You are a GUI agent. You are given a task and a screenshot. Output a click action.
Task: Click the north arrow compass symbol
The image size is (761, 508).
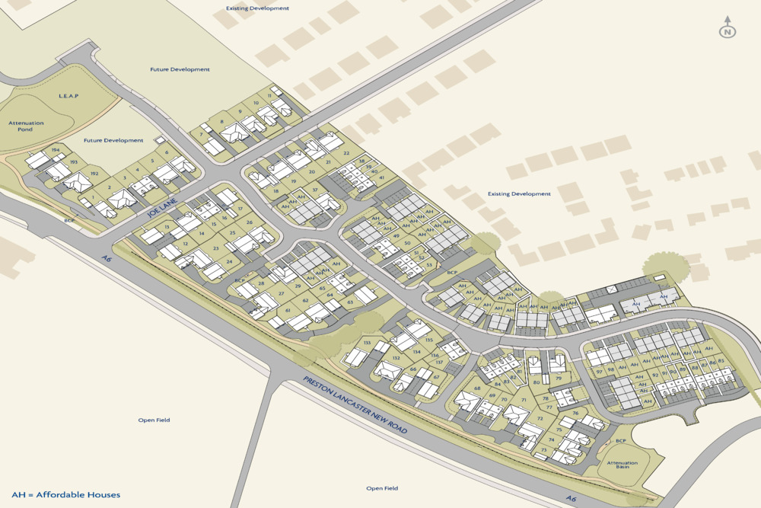(x=728, y=29)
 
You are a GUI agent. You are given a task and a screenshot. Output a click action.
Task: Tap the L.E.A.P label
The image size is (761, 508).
(x=68, y=97)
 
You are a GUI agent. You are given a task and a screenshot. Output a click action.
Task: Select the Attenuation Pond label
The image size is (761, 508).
(x=26, y=126)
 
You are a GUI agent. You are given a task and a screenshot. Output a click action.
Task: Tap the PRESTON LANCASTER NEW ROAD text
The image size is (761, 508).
(x=355, y=405)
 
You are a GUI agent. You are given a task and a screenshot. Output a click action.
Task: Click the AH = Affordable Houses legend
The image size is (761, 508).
(x=65, y=495)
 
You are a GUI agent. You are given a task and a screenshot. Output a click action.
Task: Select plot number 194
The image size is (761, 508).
(x=55, y=150)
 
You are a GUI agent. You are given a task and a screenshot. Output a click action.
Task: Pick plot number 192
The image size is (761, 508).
(x=94, y=174)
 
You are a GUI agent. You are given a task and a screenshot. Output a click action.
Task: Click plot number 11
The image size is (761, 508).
(x=269, y=95)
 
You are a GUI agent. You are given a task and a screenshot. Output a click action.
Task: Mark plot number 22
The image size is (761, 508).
(x=346, y=153)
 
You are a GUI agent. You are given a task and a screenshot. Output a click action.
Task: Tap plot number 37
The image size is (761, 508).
(x=314, y=190)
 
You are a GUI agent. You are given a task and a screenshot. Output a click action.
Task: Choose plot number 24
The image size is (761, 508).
(x=229, y=260)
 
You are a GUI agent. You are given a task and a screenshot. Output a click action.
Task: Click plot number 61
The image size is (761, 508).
(x=288, y=311)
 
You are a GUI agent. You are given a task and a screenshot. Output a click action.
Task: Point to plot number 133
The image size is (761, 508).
(x=368, y=343)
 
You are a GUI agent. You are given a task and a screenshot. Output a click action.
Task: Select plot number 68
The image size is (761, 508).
(x=478, y=388)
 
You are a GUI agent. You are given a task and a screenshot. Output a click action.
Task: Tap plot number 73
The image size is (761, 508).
(x=544, y=451)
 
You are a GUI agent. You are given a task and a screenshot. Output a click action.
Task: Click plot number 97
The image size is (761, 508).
(x=600, y=372)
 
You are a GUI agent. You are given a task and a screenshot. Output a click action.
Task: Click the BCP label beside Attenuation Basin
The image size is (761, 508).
(x=620, y=441)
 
